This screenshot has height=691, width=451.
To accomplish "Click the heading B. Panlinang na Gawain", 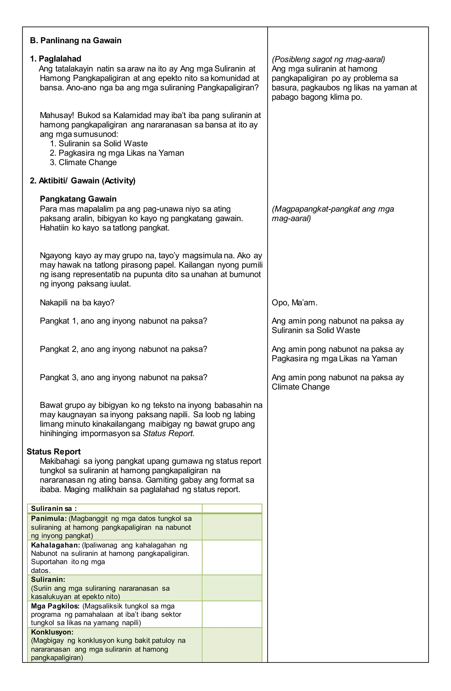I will (x=76, y=40).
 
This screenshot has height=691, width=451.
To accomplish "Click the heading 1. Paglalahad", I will (x=56, y=59).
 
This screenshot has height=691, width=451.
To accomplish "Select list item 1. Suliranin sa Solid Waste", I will (x=99, y=143).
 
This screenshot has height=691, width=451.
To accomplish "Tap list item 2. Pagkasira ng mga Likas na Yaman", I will (x=117, y=153).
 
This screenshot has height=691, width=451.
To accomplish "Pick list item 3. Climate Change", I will (x=83, y=162).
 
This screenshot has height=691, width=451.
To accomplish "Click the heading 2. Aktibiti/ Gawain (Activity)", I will (x=83, y=181).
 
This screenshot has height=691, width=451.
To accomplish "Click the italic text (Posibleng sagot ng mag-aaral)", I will (x=328, y=59).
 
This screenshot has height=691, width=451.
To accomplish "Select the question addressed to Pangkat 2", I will (x=124, y=349).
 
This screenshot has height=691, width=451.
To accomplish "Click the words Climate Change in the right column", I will (x=301, y=387).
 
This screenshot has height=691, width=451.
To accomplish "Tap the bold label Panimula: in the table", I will (x=49, y=518).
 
